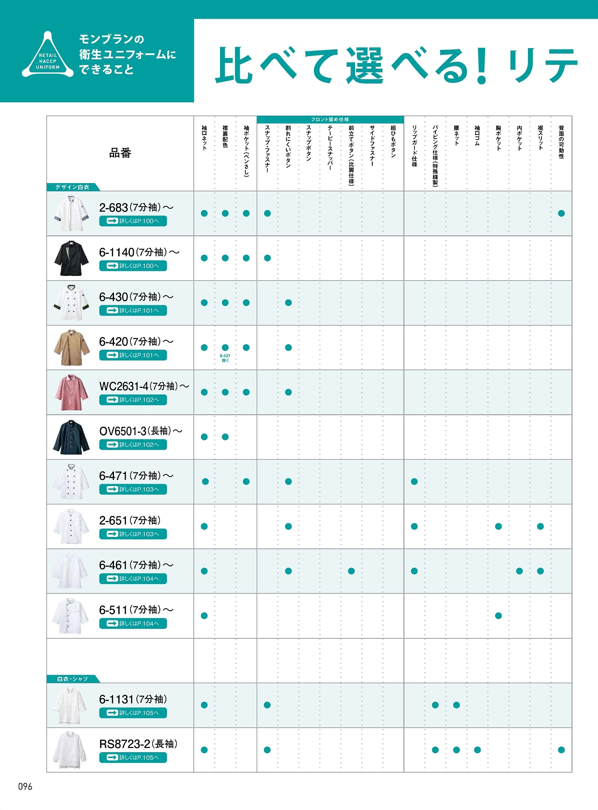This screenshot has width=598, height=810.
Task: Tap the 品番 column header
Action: tap(120, 153)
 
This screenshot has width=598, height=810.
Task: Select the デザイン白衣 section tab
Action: tap(72, 187)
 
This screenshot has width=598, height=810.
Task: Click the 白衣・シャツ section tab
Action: tap(72, 679)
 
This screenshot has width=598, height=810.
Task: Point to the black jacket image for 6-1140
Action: tap(71, 258)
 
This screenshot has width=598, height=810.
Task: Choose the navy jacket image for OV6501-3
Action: tap(71, 437)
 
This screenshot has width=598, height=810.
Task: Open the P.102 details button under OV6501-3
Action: tap(133, 444)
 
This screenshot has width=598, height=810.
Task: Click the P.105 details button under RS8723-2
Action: tap(133, 757)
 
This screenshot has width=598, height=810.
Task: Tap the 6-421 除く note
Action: tap(225, 358)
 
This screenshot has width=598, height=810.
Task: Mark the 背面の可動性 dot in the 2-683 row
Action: tap(562, 213)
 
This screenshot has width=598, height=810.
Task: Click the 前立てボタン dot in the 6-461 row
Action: tap(351, 571)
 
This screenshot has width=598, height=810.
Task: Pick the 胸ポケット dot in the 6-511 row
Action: tap(498, 616)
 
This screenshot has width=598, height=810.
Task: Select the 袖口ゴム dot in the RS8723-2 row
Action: tap(477, 750)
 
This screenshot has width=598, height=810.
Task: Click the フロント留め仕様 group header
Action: tap(330, 120)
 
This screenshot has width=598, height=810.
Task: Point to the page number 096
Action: tap(25, 787)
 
